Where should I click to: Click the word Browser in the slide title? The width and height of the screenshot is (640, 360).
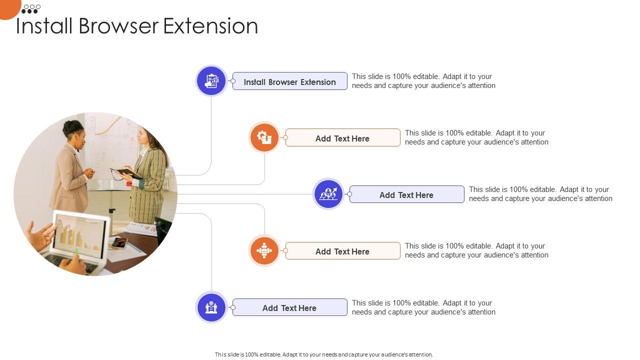point(118,26)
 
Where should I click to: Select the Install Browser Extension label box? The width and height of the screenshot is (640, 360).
point(290,81)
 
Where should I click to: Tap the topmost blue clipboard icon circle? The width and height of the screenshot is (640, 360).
point(211,81)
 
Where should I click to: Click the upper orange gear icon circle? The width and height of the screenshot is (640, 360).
point(264,137)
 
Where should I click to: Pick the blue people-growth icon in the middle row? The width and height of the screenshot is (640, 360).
point(328,194)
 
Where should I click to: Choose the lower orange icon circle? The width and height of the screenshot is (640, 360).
point(264,250)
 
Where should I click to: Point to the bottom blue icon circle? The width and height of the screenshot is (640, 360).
point(211,307)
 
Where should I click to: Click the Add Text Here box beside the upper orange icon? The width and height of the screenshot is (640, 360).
point(342,138)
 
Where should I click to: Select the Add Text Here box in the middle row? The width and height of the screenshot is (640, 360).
point(406,194)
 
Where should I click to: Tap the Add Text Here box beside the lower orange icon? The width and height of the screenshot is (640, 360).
point(342,251)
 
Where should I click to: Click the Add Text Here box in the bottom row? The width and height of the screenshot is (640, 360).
point(290,307)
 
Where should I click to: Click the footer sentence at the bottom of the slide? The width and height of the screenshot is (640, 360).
point(323,354)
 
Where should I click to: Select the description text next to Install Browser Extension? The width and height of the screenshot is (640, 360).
point(423,81)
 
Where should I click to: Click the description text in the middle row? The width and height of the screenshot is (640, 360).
point(540,194)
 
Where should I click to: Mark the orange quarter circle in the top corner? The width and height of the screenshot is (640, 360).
point(8,7)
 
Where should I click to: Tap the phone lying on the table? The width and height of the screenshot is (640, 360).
point(119,242)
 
